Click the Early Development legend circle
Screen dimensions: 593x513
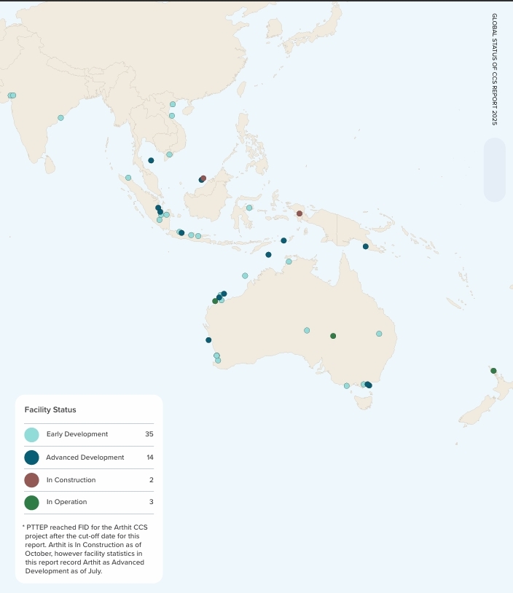tap(31, 435)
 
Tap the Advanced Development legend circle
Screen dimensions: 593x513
tap(31, 457)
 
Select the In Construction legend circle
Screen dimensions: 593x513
tap(31, 480)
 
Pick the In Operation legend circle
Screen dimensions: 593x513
tap(31, 502)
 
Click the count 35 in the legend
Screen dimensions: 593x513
tap(149, 434)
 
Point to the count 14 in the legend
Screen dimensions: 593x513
tap(149, 457)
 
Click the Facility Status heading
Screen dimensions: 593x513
tap(50, 410)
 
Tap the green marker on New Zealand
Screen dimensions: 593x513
tap(493, 371)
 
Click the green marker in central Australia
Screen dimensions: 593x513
tap(333, 336)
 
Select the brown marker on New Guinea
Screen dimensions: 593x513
tap(299, 213)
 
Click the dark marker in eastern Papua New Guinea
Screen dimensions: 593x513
tap(366, 246)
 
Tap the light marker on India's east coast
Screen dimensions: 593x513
tap(60, 118)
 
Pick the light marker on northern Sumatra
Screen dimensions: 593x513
tap(128, 178)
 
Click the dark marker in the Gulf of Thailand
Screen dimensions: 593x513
tap(151, 160)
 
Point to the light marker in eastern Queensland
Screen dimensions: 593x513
tap(379, 334)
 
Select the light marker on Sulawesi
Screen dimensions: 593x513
tap(249, 208)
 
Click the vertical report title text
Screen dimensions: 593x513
tap(494, 69)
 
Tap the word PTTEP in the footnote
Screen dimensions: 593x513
tap(38, 526)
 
